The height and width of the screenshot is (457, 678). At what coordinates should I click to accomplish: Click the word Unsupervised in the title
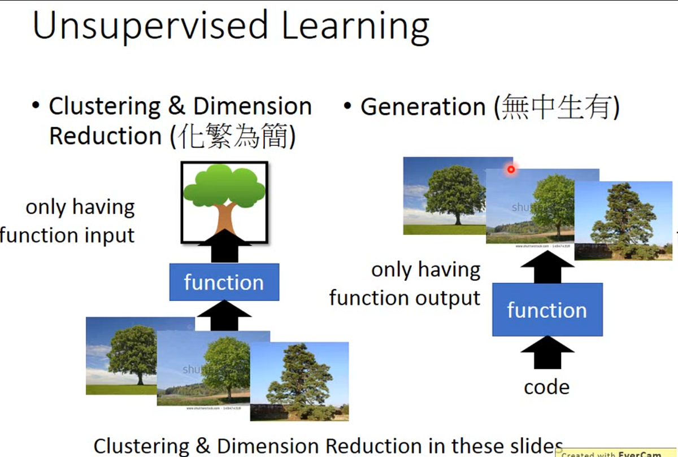click(x=150, y=27)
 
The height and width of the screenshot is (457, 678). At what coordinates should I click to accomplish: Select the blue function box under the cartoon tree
click(x=224, y=282)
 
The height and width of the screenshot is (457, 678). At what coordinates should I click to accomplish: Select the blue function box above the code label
click(x=547, y=310)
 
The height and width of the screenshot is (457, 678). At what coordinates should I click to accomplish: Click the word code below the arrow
click(x=546, y=387)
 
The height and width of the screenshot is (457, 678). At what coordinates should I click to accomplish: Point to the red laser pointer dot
click(x=511, y=169)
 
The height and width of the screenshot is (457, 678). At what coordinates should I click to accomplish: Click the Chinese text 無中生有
click(x=556, y=107)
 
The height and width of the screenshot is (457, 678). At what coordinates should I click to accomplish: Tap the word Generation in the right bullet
click(x=423, y=107)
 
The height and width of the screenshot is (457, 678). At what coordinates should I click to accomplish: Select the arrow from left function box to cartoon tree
click(x=224, y=246)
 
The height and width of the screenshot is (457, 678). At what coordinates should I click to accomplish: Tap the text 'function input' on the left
click(x=68, y=235)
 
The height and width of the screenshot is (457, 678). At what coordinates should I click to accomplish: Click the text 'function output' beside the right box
click(x=405, y=298)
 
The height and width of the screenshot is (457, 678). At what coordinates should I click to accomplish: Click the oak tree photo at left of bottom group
click(x=121, y=356)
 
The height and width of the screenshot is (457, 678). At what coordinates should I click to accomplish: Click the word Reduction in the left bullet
click(x=106, y=137)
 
